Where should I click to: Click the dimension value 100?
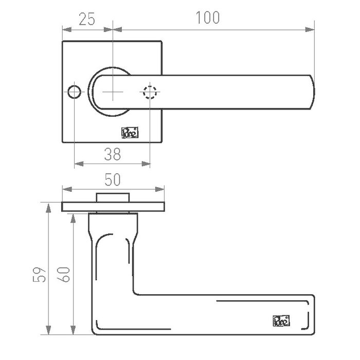click(208, 17)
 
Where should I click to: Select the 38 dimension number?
click(113, 153)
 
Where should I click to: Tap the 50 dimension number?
click(113, 180)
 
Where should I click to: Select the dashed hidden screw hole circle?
click(150, 93)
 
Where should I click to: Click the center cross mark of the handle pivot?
click(113, 93)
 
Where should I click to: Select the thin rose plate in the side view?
click(113, 207)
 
